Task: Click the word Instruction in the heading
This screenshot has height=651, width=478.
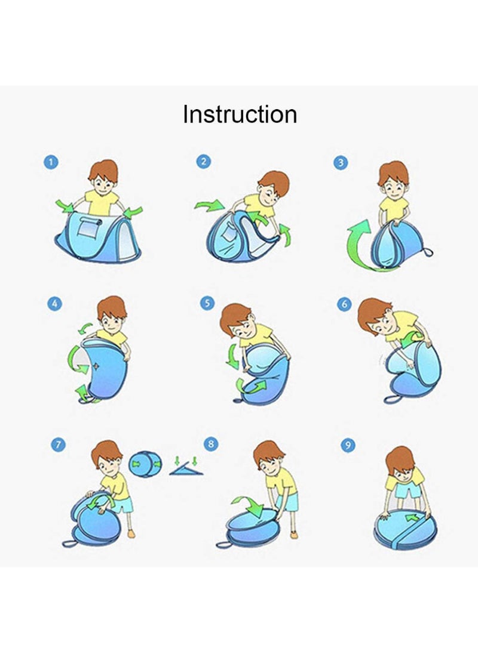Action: pyautogui.click(x=240, y=114)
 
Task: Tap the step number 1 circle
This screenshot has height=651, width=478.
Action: pyautogui.click(x=51, y=162)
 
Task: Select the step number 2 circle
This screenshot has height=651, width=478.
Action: pyautogui.click(x=203, y=161)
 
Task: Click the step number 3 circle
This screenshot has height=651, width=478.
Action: pyautogui.click(x=341, y=163)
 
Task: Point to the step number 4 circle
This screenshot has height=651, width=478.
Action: pyautogui.click(x=54, y=304)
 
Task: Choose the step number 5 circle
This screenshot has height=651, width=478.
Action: pyautogui.click(x=207, y=303)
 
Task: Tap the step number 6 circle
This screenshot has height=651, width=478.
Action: pyautogui.click(x=344, y=304)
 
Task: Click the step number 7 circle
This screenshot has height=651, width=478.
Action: pyautogui.click(x=58, y=445)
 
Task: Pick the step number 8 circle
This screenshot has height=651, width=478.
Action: pyautogui.click(x=211, y=444)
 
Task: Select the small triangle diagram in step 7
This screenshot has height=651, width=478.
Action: pyautogui.click(x=186, y=468)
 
